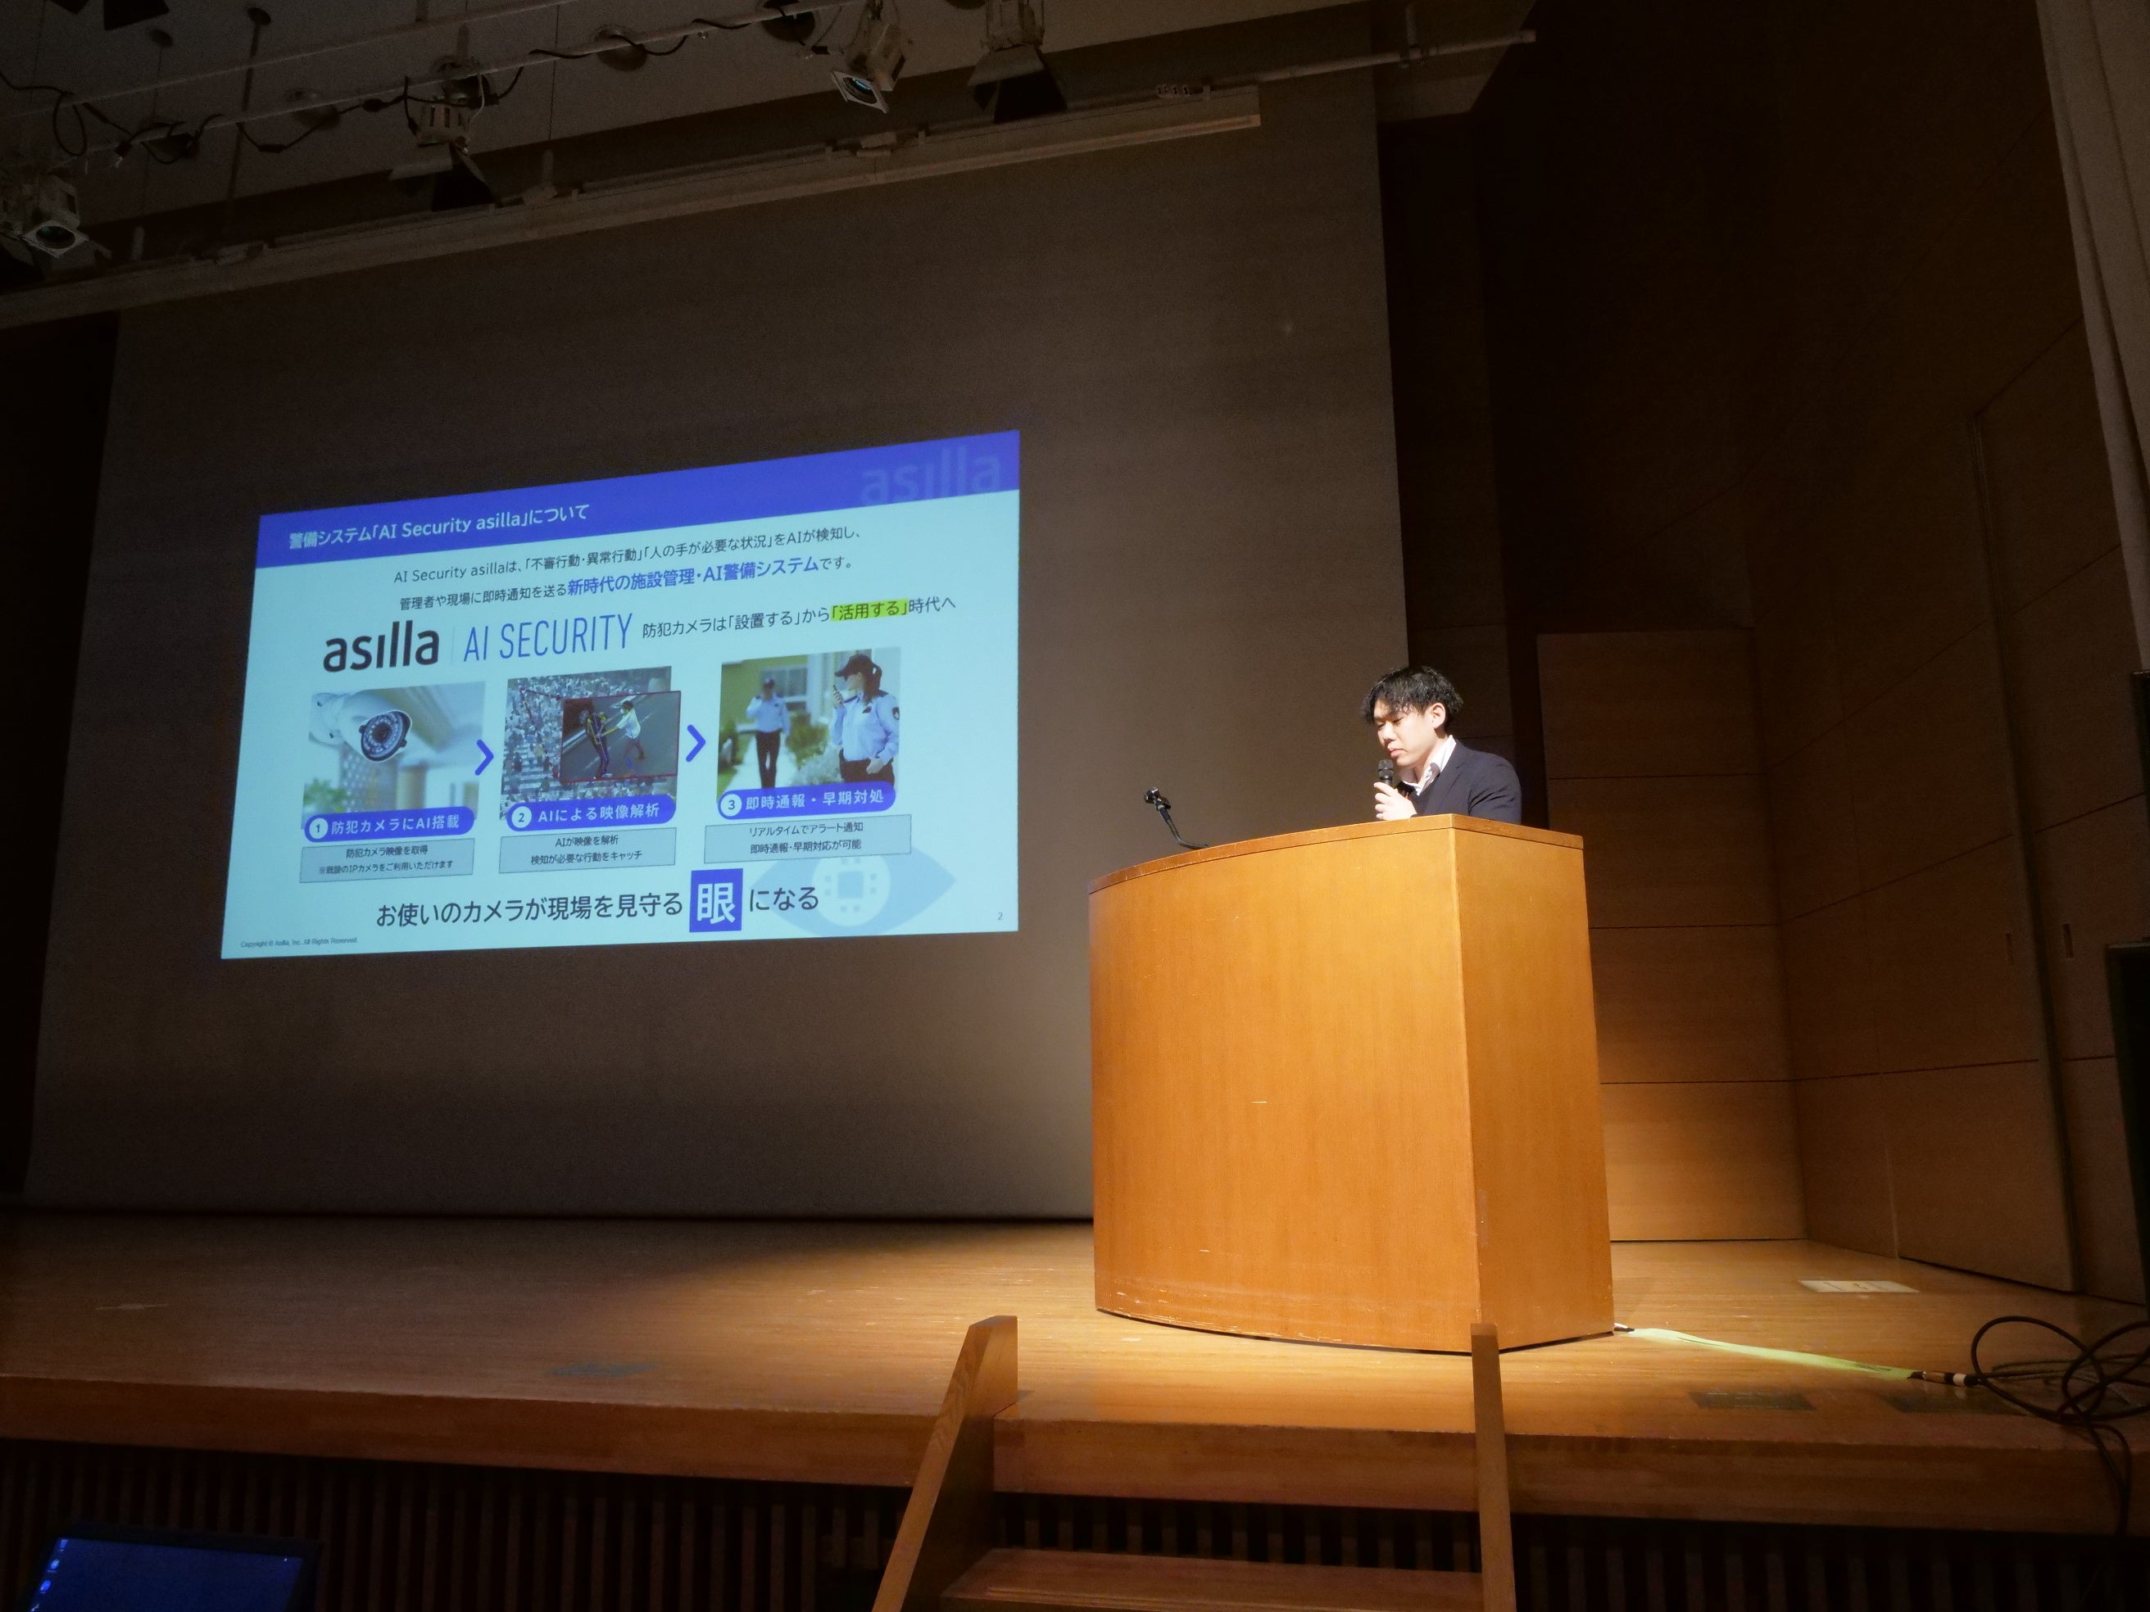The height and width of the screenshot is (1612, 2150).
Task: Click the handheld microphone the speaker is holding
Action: (1383, 773)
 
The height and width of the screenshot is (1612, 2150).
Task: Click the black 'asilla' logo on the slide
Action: (380, 649)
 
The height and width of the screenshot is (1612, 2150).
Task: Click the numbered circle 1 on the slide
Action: (316, 828)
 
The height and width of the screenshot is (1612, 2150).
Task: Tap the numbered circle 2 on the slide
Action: (522, 815)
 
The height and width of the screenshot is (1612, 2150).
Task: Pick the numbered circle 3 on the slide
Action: (731, 803)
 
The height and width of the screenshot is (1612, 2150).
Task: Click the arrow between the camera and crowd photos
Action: (484, 758)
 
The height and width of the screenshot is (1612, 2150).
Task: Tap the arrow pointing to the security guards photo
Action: (694, 745)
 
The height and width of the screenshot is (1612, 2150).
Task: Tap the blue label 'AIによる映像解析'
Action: (595, 813)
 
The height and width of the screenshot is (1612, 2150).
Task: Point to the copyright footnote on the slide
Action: (298, 943)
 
